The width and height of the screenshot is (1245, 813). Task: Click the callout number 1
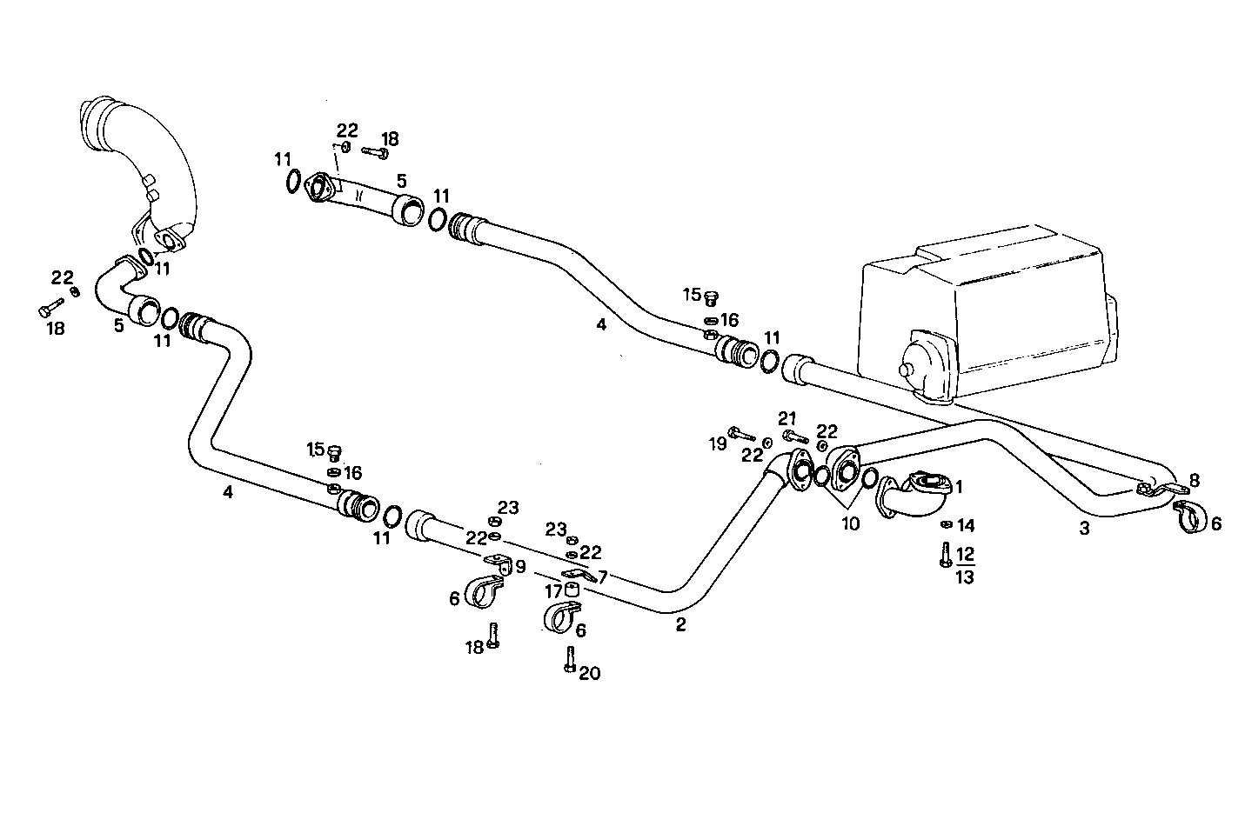click(959, 486)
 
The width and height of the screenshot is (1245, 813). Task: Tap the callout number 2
click(680, 624)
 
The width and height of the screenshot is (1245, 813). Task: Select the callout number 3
click(1084, 528)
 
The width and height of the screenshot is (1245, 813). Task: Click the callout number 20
click(590, 673)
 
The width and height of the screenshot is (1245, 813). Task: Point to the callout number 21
click(786, 418)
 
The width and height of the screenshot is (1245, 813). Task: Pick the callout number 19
click(717, 444)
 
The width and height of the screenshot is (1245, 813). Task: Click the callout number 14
click(966, 525)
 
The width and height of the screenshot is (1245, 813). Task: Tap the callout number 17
click(554, 591)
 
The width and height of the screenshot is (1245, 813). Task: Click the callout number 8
click(1194, 479)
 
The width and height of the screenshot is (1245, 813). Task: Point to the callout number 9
click(520, 567)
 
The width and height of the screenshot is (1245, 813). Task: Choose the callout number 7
click(602, 576)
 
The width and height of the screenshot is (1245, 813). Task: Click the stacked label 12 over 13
click(965, 565)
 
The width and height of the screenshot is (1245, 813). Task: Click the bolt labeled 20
click(569, 660)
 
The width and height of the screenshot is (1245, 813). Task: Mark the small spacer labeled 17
click(572, 591)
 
